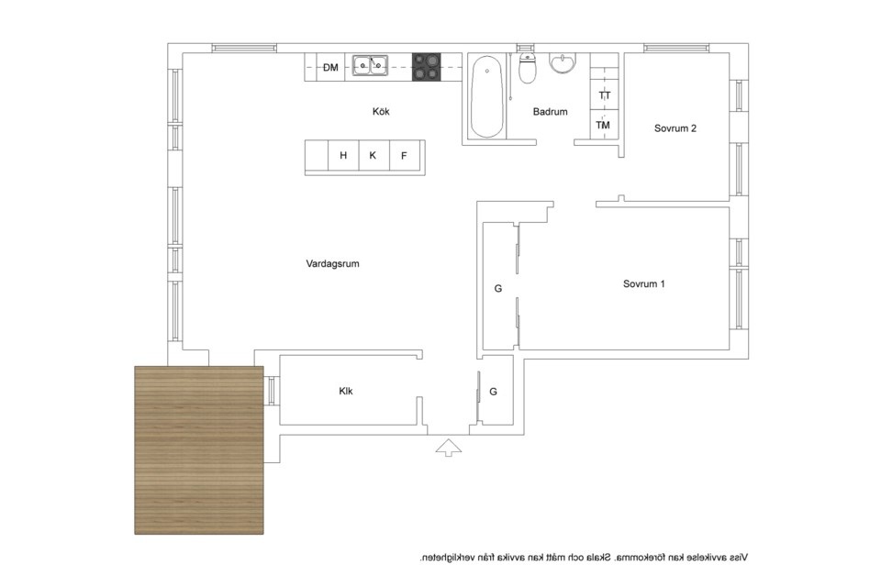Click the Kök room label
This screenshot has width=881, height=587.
381,111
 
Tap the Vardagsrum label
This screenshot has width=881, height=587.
332,263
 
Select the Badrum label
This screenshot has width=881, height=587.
550,112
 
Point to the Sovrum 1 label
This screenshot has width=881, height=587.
644,283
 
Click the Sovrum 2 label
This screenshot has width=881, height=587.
675,128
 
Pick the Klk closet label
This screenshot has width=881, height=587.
346,391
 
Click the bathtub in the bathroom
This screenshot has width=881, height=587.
486,96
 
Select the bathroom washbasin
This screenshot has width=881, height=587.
563,63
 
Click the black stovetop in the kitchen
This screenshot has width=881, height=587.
427,67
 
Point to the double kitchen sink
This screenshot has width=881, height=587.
370,66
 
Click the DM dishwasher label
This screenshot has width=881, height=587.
331,67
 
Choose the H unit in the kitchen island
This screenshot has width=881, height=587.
343,156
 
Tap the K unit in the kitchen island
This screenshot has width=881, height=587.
373,156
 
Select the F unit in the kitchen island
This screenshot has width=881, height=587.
404,156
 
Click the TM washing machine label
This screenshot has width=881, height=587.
603,126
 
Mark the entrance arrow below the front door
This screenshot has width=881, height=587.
449,448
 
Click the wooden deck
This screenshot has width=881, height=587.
199,450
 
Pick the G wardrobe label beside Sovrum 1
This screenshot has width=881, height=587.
497,289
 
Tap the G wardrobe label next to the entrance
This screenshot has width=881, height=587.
494,392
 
